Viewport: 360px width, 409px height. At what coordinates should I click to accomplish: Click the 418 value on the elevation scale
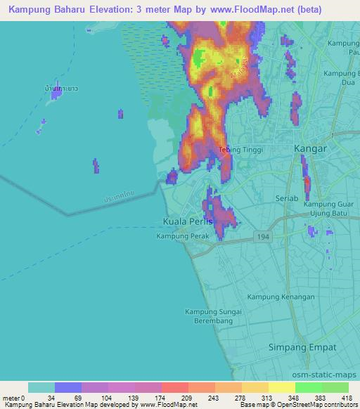tap(347, 398)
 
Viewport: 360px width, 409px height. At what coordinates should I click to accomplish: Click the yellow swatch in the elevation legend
tap(281, 388)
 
